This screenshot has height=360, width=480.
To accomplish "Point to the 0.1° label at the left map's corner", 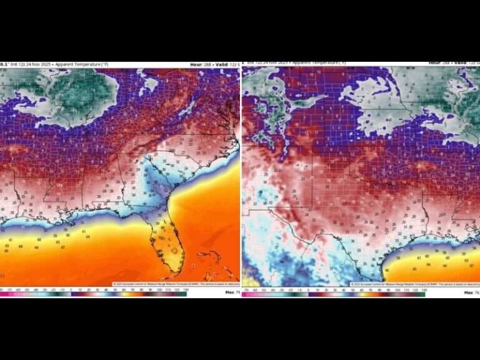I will (4, 64).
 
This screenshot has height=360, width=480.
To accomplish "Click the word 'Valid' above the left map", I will (225, 64).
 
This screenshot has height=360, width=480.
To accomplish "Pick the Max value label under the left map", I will (231, 292).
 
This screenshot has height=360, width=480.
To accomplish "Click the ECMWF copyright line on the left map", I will (175, 284).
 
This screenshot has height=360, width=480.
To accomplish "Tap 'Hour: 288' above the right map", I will (440, 62).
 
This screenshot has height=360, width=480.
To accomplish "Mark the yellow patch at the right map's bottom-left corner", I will (248, 281).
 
